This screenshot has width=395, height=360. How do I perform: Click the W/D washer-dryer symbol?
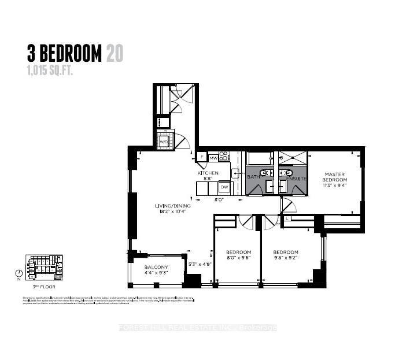coord(164,141)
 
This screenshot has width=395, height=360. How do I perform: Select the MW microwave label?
coord(213,157)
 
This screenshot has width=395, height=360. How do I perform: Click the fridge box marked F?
coord(202,156)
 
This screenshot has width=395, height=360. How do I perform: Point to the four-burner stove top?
coord(224,156)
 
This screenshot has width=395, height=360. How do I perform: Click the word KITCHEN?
coord(208,173)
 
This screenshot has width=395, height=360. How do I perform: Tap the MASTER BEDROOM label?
coord(334,177)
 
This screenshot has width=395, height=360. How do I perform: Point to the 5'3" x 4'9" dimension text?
coord(201,264)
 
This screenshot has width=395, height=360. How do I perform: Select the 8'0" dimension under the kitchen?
coord(219,201)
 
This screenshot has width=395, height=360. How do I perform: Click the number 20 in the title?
coord(114,55)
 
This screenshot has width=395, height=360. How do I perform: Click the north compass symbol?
coord(21,273)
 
